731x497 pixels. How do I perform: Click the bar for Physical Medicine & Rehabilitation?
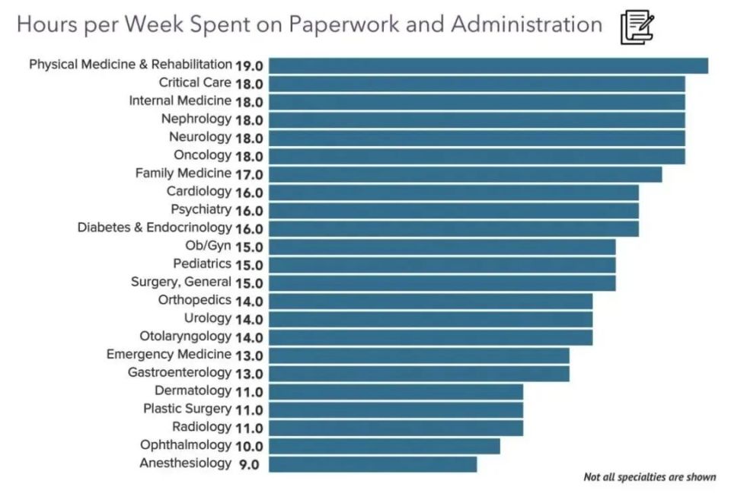point(487,65)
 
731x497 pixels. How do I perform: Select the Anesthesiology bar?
point(372,464)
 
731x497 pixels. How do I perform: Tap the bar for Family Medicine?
point(464,174)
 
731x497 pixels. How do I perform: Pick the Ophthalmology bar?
point(384,445)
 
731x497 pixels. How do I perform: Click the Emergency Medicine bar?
point(419,355)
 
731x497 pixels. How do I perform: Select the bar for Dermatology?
point(395,391)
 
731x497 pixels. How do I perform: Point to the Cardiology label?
point(198,191)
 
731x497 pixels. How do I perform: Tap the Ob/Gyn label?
point(208,245)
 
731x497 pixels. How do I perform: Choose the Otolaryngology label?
point(185,336)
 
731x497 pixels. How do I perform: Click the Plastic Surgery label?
point(187,409)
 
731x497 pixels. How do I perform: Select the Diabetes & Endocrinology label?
point(154,228)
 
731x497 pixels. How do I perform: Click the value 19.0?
point(249,65)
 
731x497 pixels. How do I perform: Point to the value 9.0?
point(249,464)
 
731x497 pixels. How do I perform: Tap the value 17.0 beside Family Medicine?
point(249,174)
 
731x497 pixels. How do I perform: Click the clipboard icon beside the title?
point(636,27)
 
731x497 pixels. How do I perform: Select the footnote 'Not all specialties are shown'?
point(649,477)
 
